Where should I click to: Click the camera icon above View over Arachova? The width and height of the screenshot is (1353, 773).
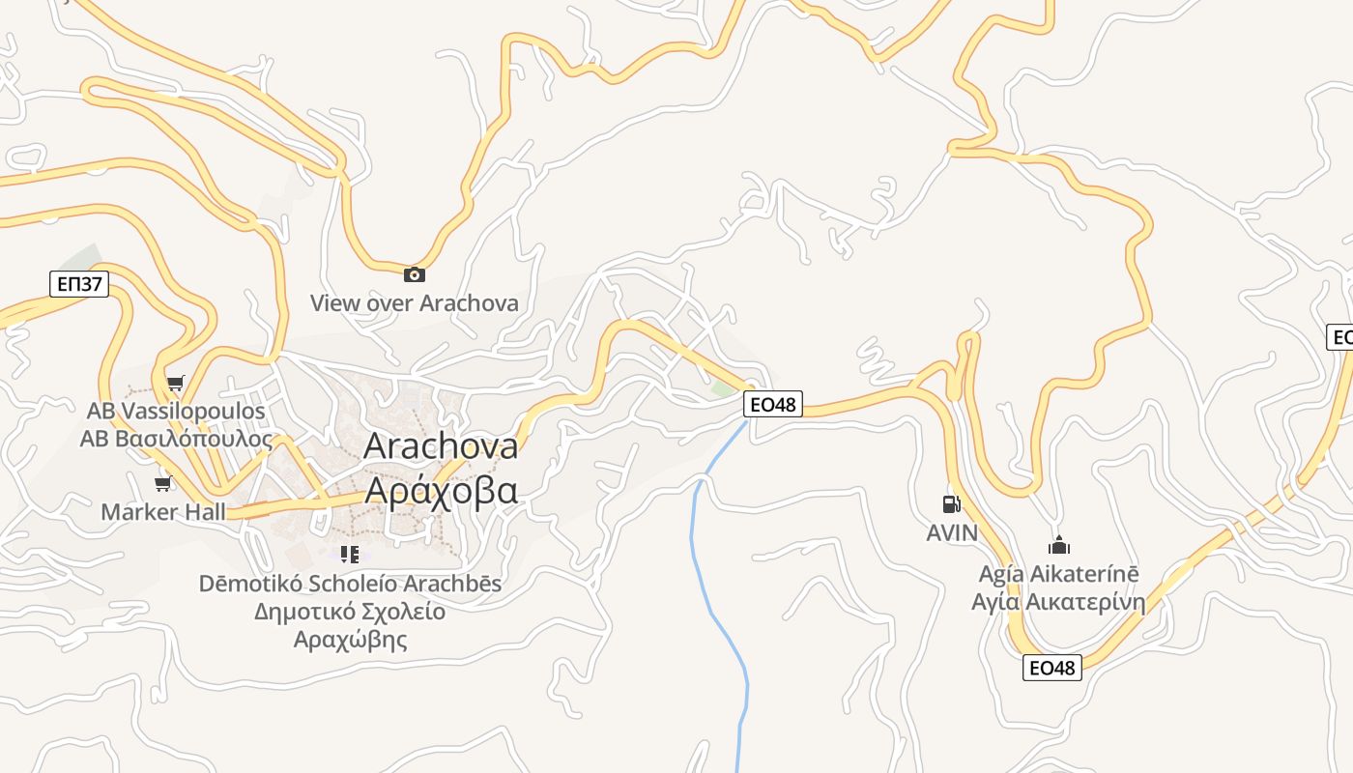(x=415, y=274)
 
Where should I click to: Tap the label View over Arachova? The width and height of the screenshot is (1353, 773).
(x=414, y=303)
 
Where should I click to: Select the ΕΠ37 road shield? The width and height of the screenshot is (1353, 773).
(x=79, y=284)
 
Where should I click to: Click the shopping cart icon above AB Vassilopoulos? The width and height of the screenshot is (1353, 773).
(x=175, y=384)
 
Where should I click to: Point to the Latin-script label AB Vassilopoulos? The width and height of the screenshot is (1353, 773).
(x=176, y=412)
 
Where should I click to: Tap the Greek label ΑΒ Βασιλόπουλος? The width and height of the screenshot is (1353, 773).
(x=176, y=439)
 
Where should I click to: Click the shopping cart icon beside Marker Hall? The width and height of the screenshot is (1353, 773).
(x=163, y=483)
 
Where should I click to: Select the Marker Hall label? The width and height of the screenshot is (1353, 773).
(x=163, y=512)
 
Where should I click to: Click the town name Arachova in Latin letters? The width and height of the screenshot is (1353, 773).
(x=441, y=446)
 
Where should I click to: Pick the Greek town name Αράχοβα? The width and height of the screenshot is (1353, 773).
(x=441, y=490)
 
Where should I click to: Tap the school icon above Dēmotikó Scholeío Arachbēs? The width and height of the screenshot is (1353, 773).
(x=350, y=555)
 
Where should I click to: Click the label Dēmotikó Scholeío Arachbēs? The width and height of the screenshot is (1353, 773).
(x=350, y=584)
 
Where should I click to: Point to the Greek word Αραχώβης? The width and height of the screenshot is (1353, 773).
(x=350, y=639)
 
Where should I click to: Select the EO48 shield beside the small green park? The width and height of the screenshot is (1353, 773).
(x=773, y=404)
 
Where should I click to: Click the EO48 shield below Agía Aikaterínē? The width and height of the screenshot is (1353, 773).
(x=1052, y=668)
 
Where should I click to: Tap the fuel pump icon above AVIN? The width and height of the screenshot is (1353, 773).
(x=951, y=503)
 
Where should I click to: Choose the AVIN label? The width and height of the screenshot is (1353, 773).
(x=952, y=532)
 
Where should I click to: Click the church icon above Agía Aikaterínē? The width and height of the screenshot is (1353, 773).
(x=1060, y=545)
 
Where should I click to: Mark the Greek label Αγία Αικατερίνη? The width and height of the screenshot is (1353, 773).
(x=1058, y=603)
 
